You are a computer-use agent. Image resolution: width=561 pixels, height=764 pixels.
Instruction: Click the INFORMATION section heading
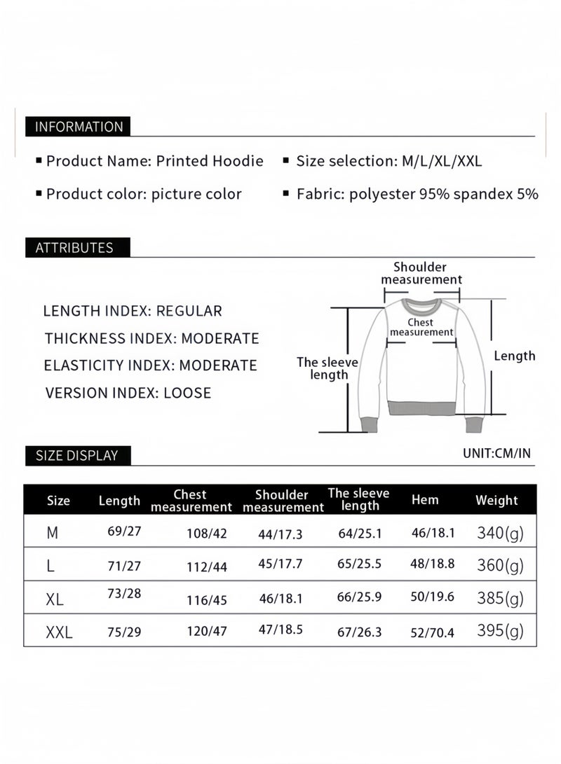pos(79,127)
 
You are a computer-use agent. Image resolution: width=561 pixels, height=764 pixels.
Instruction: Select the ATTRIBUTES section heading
pos(74,247)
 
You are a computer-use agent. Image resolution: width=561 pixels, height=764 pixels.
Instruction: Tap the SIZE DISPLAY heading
pos(76,455)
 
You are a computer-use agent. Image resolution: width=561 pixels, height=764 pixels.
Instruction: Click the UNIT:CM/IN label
pos(496,453)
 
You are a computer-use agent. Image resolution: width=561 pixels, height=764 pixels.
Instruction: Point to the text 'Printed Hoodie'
pos(210,161)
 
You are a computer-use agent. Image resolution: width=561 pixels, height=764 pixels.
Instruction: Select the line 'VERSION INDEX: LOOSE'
pos(128,392)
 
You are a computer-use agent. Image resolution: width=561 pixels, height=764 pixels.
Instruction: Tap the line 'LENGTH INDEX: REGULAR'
pos(133,311)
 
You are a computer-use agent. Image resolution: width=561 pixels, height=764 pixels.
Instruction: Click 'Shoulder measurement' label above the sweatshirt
pos(421,273)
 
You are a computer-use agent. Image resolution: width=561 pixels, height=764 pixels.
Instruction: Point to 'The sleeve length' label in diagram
pos(327,368)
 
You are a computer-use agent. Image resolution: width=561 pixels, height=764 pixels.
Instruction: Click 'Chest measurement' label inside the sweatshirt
pos(421,327)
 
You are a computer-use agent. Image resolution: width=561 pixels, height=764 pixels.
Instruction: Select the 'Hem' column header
pos(425,499)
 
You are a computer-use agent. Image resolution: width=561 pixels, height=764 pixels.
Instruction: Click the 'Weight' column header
pos(496,500)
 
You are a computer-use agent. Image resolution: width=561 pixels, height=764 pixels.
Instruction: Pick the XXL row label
pos(59,633)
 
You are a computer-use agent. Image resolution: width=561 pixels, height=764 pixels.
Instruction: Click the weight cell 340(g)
pos(500,533)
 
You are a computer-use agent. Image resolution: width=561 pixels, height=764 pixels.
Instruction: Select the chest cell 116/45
pos(207,601)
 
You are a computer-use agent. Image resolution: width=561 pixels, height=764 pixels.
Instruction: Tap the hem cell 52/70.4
pos(433,633)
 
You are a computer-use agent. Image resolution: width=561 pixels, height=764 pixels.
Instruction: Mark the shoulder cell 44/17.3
pos(280,534)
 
